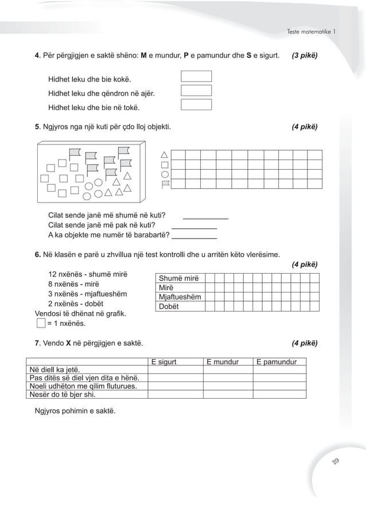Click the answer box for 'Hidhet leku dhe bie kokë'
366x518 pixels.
pyautogui.click(x=196, y=76)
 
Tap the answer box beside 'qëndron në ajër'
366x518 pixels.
pyautogui.click(x=196, y=91)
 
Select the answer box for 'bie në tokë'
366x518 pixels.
pyautogui.click(x=196, y=104)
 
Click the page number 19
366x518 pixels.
pyautogui.click(x=336, y=462)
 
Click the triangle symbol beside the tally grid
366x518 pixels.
pyautogui.click(x=165, y=154)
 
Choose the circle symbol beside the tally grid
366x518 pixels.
pyautogui.click(x=165, y=174)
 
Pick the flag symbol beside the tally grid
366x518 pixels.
pyautogui.click(x=165, y=184)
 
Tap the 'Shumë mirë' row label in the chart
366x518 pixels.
pyautogui.click(x=178, y=278)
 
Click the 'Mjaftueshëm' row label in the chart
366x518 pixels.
pyautogui.click(x=180, y=297)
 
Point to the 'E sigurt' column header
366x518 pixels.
pyautogui.click(x=163, y=362)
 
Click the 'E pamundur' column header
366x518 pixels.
pyautogui.click(x=277, y=362)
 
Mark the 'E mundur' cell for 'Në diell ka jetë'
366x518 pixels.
pyautogui.click(x=228, y=370)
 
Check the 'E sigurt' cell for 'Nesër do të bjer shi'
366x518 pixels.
pyautogui.click(x=175, y=394)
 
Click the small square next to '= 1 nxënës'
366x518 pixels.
pyautogui.click(x=40, y=324)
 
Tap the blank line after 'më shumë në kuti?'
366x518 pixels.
pyautogui.click(x=205, y=218)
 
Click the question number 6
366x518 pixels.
pyautogui.click(x=37, y=254)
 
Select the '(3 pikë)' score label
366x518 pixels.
pyautogui.click(x=305, y=56)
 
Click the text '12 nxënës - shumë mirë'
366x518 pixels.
pyautogui.click(x=88, y=273)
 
